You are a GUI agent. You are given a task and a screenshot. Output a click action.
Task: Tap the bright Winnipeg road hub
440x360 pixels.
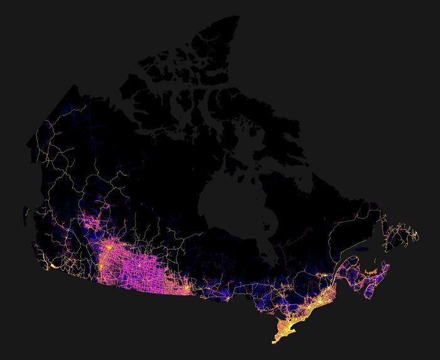click(x=187, y=290)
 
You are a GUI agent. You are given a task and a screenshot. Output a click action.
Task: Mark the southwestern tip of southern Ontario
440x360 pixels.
click(x=275, y=342)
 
